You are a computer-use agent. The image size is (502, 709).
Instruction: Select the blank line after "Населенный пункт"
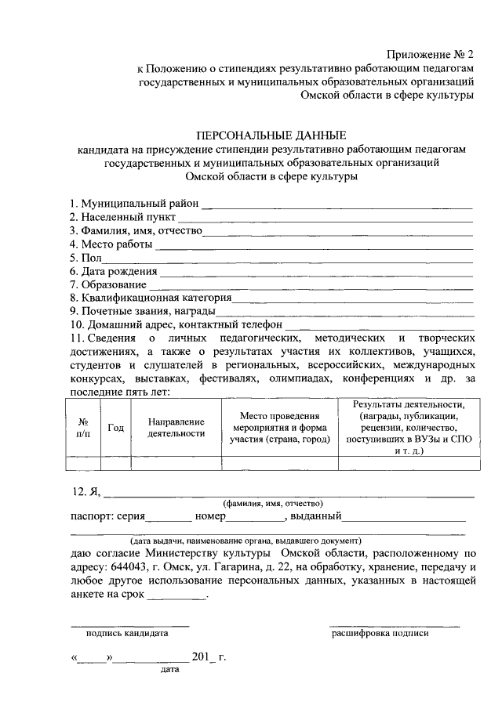(326, 220)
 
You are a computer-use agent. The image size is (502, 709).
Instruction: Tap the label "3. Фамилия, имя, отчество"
(136, 231)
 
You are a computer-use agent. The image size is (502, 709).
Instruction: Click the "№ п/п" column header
(83, 427)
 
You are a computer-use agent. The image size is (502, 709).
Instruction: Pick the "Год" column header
(116, 427)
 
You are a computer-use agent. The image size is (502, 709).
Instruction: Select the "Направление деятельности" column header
(176, 427)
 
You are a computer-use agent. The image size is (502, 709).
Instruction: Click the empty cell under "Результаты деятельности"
(409, 462)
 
